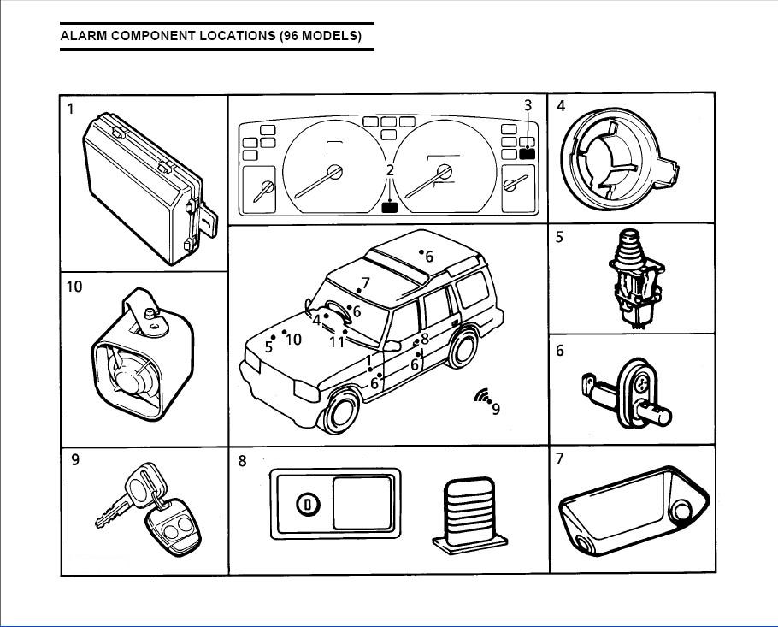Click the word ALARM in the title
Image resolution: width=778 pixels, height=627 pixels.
click(x=82, y=36)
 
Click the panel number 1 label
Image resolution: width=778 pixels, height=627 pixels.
click(x=71, y=109)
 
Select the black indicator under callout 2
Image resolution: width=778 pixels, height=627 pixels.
click(x=391, y=206)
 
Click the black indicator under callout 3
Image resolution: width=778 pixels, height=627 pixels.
click(x=527, y=154)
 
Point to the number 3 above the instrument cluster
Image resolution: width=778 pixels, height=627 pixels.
click(x=528, y=105)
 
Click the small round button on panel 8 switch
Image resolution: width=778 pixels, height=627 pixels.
click(x=307, y=505)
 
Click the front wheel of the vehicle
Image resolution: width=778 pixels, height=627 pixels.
click(x=342, y=414)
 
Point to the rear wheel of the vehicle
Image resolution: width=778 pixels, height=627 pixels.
click(x=463, y=351)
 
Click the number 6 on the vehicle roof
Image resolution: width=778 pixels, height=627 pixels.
click(x=429, y=257)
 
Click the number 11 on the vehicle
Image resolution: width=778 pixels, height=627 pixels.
click(x=337, y=342)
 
